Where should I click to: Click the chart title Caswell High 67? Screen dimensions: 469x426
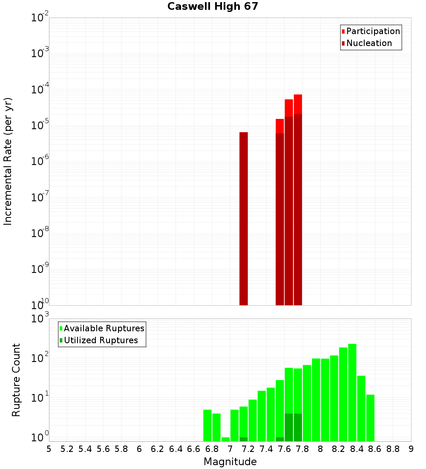[213, 6]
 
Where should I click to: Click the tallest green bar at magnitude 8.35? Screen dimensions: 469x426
[352, 392]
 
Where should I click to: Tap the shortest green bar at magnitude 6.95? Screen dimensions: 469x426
[225, 439]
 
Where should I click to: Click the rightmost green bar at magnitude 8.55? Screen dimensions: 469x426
[370, 418]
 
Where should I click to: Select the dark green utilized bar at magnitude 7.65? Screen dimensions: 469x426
[289, 427]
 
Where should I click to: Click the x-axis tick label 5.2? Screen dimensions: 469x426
[67, 449]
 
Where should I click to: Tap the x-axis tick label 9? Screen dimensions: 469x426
[411, 449]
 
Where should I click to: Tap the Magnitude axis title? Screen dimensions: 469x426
[230, 462]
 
